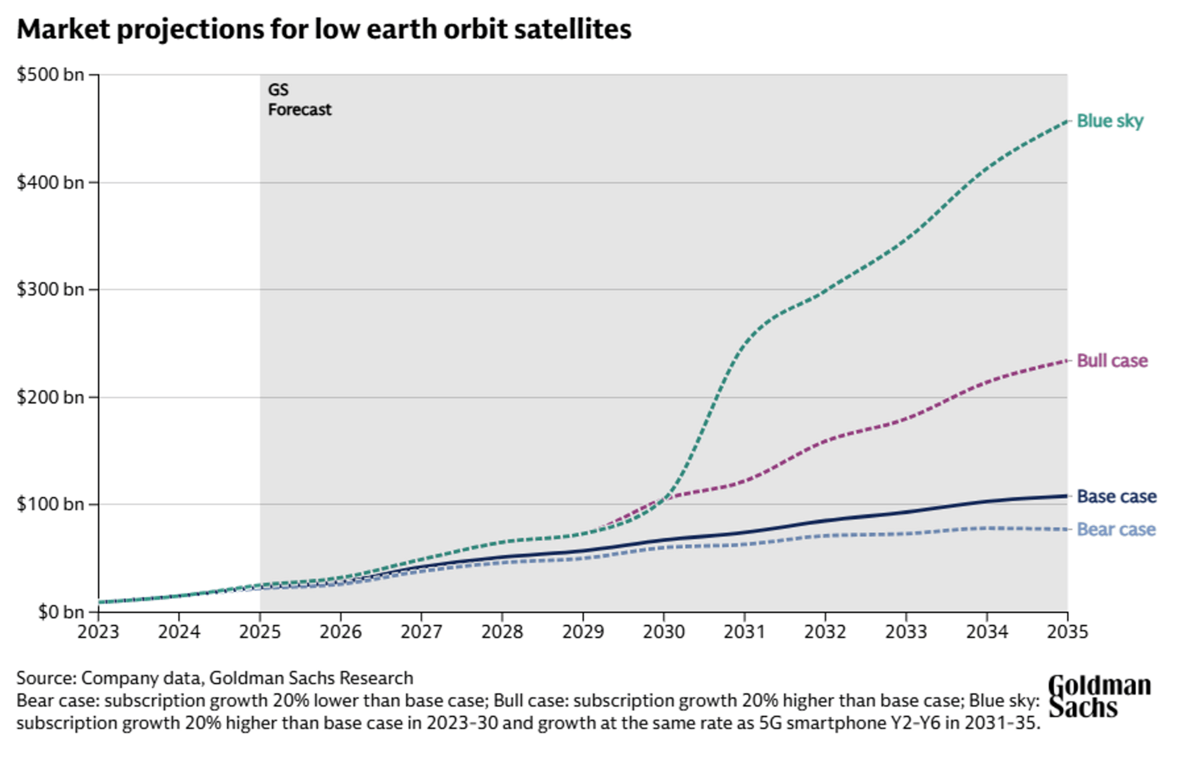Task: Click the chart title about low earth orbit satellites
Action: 324,29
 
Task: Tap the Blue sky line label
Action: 1109,121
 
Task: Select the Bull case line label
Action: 1112,361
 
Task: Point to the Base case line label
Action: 1116,496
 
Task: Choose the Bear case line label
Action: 1116,530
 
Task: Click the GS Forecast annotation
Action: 299,100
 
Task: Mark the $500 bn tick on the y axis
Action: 50,75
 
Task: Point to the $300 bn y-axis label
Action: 50,289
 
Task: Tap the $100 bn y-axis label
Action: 50,504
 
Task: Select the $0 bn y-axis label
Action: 60,612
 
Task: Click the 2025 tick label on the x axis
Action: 259,632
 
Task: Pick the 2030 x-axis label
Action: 663,632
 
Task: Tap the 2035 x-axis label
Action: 1067,632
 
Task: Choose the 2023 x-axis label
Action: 98,632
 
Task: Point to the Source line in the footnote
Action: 214,678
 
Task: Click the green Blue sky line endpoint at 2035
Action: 1066,121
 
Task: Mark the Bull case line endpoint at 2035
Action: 1066,361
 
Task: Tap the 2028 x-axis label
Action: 502,632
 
